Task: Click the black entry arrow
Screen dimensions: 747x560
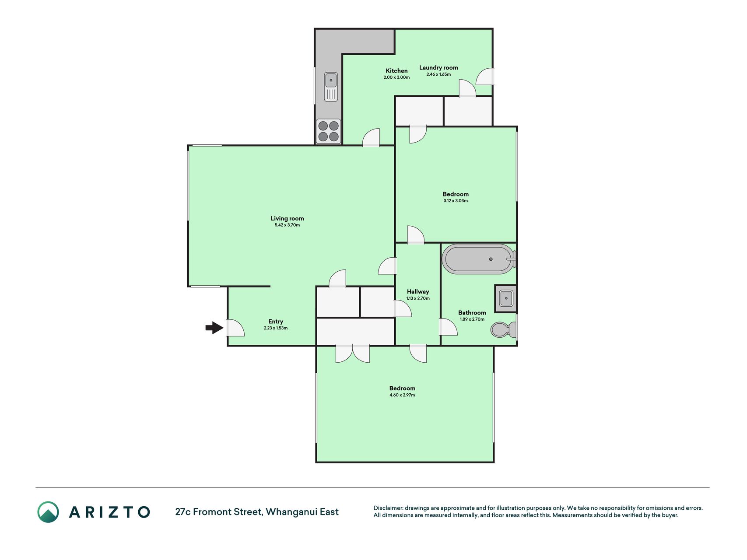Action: (x=214, y=328)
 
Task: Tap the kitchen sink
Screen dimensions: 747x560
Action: (x=331, y=87)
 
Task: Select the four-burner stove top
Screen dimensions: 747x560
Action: (x=329, y=131)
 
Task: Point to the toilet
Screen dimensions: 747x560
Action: (x=504, y=329)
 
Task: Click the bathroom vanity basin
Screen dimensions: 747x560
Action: (x=506, y=298)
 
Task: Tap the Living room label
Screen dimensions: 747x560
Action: (x=287, y=218)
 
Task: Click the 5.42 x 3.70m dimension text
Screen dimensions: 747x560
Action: (x=287, y=225)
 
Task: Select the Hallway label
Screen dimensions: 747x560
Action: (x=418, y=292)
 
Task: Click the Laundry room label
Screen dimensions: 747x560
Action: (x=438, y=67)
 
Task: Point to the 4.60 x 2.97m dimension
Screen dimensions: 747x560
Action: (x=402, y=395)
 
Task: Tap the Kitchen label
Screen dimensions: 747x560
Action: (x=396, y=70)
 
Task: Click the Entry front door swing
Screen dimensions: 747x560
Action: (x=235, y=328)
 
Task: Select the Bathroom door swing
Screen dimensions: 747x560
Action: (x=448, y=327)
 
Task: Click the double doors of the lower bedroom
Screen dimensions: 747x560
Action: (x=353, y=353)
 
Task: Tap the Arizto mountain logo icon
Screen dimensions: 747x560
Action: (x=48, y=512)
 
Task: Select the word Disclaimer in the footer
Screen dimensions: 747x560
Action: (x=388, y=508)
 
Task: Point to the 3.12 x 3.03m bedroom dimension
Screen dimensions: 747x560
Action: (x=456, y=201)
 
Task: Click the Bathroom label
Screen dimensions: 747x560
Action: (x=472, y=312)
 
